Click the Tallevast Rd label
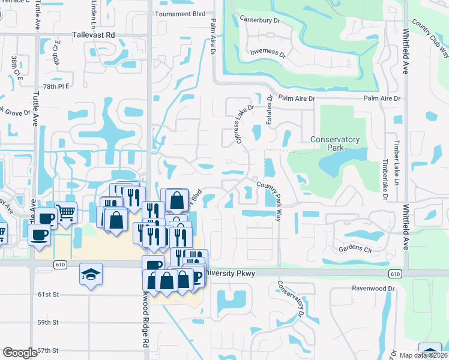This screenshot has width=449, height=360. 93,35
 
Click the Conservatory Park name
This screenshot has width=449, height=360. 335,144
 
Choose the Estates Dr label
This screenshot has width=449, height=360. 270,106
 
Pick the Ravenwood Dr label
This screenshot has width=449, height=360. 373,288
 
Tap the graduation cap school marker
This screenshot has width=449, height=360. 91,275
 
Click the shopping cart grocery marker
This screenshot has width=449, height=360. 66,211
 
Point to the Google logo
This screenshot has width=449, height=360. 20,353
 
